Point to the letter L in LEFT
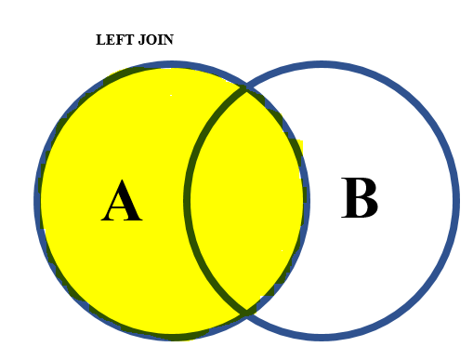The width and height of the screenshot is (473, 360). pyautogui.click(x=100, y=40)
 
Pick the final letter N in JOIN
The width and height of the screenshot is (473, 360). pyautogui.click(x=168, y=40)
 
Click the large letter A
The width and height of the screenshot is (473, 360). pyautogui.click(x=121, y=202)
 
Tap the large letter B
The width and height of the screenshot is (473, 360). pyautogui.click(x=360, y=199)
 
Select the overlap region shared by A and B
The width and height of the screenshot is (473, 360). pyautogui.click(x=246, y=200)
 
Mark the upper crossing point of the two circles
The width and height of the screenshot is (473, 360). pyautogui.click(x=246, y=87)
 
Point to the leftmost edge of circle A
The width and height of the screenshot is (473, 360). pyautogui.click(x=38, y=200)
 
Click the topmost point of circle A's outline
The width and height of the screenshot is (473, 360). pyautogui.click(x=173, y=65)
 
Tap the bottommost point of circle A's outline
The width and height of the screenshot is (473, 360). pyautogui.click(x=173, y=335)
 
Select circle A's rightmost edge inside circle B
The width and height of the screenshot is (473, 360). pyautogui.click(x=306, y=200)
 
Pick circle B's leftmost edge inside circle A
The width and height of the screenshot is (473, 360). pyautogui.click(x=188, y=200)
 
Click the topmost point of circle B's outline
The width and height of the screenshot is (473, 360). pyautogui.click(x=322, y=65)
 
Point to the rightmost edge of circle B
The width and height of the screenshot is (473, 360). pyautogui.click(x=455, y=200)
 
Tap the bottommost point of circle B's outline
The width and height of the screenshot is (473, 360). pyautogui.click(x=322, y=335)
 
